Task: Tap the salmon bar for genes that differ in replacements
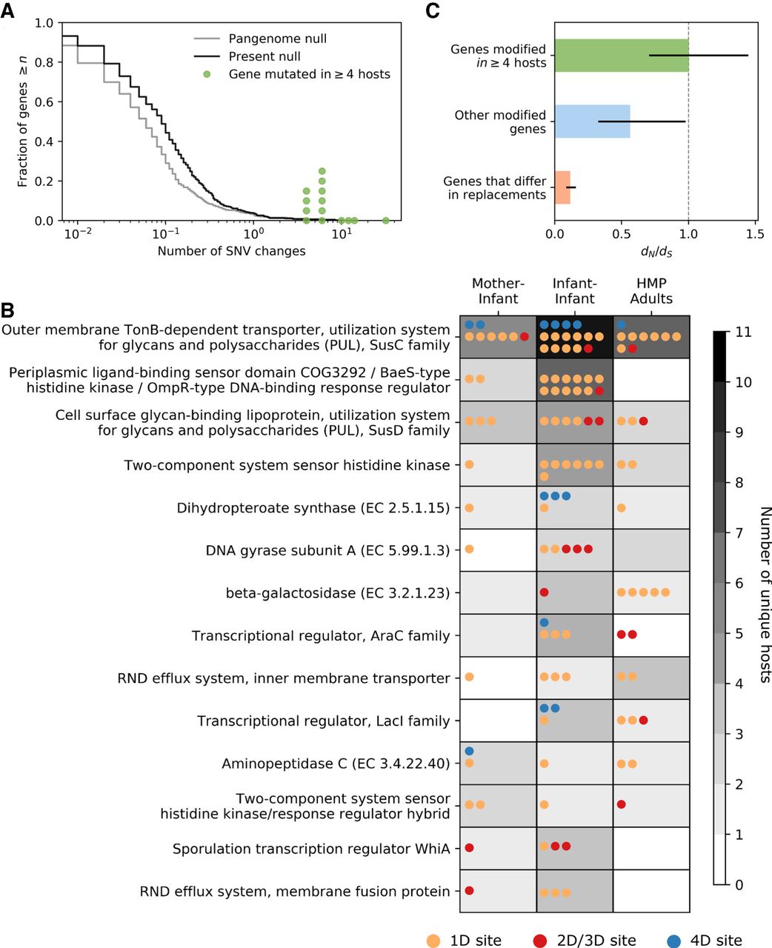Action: click(562, 187)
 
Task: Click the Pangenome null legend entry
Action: click(277, 39)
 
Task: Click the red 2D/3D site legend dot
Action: click(539, 941)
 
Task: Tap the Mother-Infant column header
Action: click(498, 291)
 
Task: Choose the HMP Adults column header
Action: click(651, 291)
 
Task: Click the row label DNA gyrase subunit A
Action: click(327, 550)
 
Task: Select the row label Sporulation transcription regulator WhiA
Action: click(311, 849)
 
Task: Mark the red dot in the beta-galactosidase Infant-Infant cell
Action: click(544, 592)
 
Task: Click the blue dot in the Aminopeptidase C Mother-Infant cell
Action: click(468, 751)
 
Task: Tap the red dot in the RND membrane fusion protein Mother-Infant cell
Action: click(468, 890)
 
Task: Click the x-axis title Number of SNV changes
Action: click(231, 251)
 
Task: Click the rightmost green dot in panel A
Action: click(385, 220)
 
